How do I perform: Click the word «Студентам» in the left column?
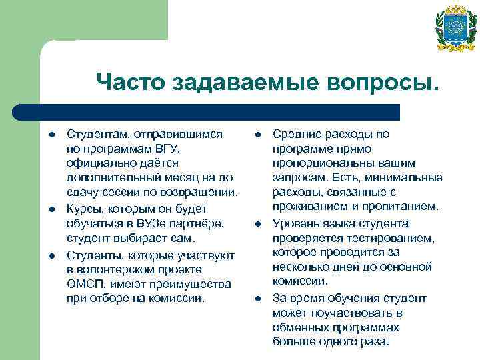96,134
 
